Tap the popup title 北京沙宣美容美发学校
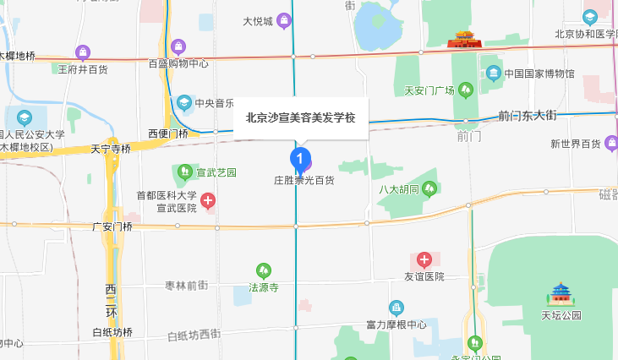[301, 118]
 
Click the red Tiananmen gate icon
[463, 38]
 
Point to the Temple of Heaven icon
[561, 295]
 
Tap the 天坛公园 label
[561, 315]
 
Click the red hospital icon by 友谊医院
[424, 259]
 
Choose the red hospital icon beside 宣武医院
[207, 200]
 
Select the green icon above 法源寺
[264, 271]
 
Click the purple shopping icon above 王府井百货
[82, 52]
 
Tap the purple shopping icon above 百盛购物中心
[178, 46]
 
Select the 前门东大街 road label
[528, 114]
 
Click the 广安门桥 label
[112, 226]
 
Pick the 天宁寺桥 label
[111, 149]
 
